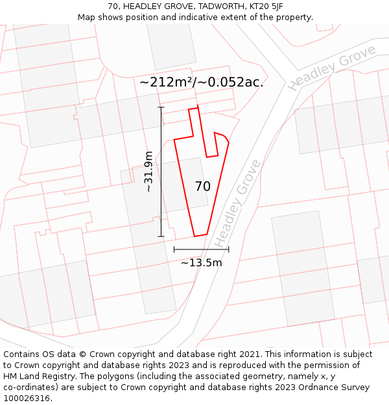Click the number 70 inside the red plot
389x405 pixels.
point(203,187)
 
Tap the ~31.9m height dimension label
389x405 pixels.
point(149,172)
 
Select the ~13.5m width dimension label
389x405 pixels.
point(201,262)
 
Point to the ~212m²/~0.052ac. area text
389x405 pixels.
point(201,82)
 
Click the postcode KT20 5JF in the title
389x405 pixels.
point(266,6)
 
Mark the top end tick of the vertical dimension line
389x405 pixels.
point(161,107)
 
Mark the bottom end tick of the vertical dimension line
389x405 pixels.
point(161,237)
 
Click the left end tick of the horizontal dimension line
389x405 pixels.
point(174,249)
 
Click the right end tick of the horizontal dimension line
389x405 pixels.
point(229,249)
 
